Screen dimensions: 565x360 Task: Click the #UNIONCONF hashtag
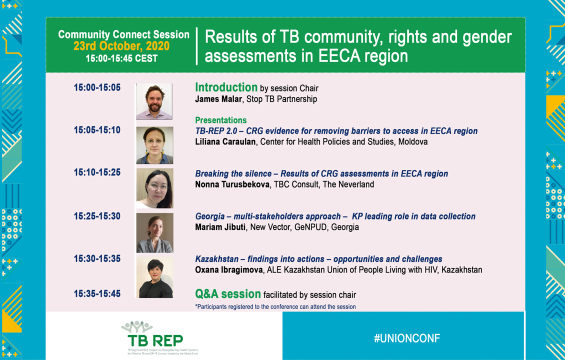tap(407, 338)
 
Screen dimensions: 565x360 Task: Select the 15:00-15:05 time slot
tap(97, 87)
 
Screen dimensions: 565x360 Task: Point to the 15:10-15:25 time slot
tap(97, 172)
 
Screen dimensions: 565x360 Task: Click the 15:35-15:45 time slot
tap(97, 293)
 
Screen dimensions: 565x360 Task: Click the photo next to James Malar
tap(154, 101)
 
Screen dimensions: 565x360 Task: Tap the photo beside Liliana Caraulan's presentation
tap(154, 145)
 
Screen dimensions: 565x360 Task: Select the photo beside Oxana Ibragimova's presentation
tap(154, 277)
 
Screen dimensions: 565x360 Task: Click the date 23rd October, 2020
tap(121, 46)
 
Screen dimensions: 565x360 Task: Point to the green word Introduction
tap(226, 87)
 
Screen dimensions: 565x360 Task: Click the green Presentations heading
tap(221, 120)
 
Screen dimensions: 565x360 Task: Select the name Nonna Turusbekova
tap(232, 184)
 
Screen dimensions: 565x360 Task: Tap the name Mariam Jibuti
tap(220, 227)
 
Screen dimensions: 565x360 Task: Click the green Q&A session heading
tap(227, 294)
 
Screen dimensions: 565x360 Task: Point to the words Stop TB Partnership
tap(282, 99)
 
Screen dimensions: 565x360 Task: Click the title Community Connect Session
tap(123, 34)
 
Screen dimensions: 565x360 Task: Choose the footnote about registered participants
tap(275, 306)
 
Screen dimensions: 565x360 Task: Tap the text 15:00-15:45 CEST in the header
tap(121, 58)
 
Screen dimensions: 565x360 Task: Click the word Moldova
tap(413, 141)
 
